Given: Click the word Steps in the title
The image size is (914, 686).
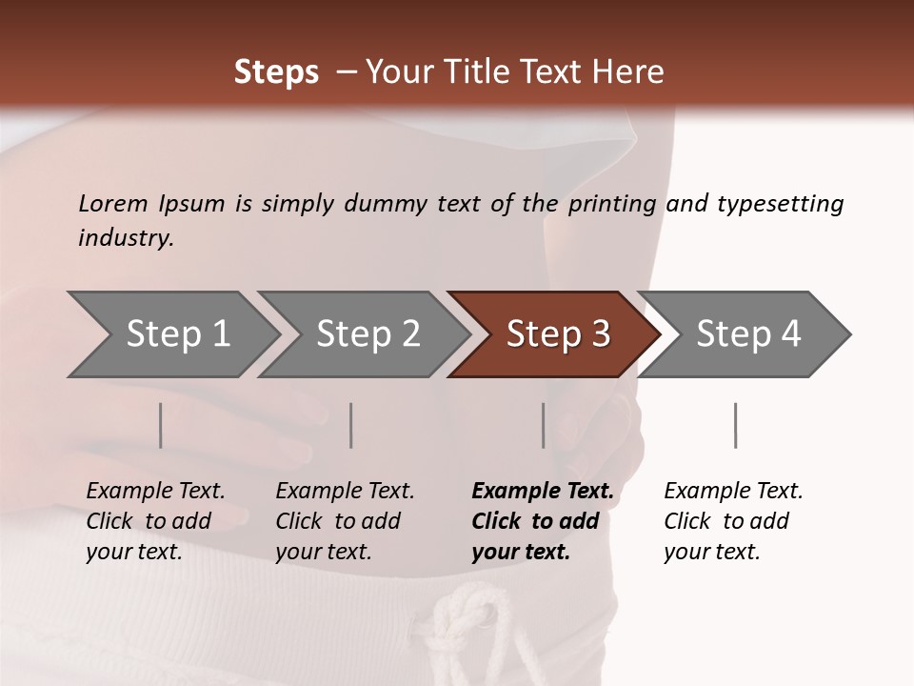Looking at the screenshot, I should pos(276,72).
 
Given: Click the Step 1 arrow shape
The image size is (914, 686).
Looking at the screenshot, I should pos(171,334).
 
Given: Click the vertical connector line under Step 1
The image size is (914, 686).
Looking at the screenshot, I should pos(161,425).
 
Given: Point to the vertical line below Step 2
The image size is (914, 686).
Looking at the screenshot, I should pos(351,425).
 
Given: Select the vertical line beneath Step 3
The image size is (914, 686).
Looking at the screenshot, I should pos(544,425).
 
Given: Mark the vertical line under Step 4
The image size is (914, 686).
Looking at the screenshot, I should pos(736,425).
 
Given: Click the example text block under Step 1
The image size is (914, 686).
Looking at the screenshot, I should pos(155,521).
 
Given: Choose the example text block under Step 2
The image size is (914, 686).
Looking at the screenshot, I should pos(345,521).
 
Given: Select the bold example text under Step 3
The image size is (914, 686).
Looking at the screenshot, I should pos(543,521).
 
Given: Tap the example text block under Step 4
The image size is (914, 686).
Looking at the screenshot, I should pos(733,521).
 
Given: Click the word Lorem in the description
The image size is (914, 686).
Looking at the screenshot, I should pos(113,204).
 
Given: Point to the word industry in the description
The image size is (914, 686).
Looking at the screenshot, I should pos(126,238).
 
